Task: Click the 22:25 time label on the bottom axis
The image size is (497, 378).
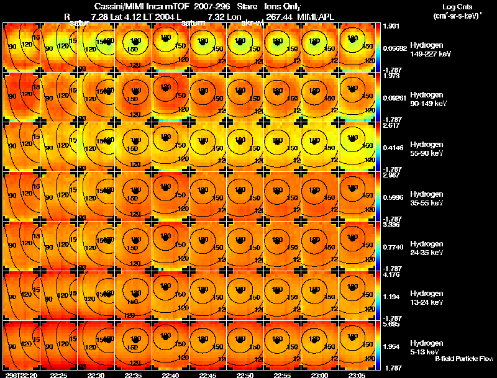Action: tap(58, 375)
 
